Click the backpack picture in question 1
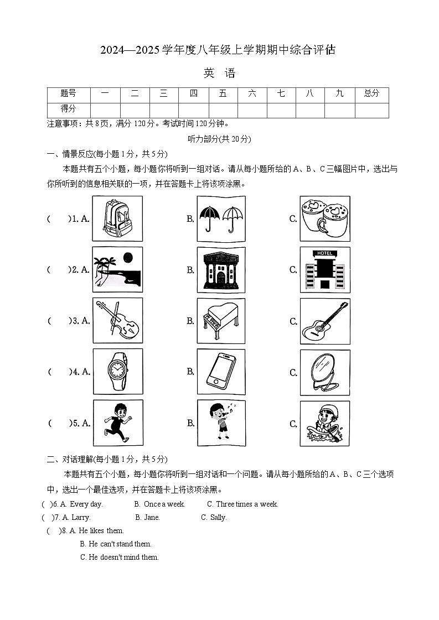click(117, 218)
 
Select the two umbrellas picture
click(221, 219)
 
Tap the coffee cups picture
click(324, 219)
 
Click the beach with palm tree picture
click(117, 269)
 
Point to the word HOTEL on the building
click(324, 253)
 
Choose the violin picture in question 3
click(117, 320)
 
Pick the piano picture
click(221, 321)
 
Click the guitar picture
click(324, 321)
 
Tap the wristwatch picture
click(117, 371)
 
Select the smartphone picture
click(221, 372)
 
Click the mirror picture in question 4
click(324, 372)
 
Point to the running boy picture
click(117, 423)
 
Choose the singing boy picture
click(221, 423)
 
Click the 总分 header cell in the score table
click(371, 94)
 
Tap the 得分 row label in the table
click(68, 109)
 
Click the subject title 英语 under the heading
click(219, 74)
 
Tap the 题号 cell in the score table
click(68, 94)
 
